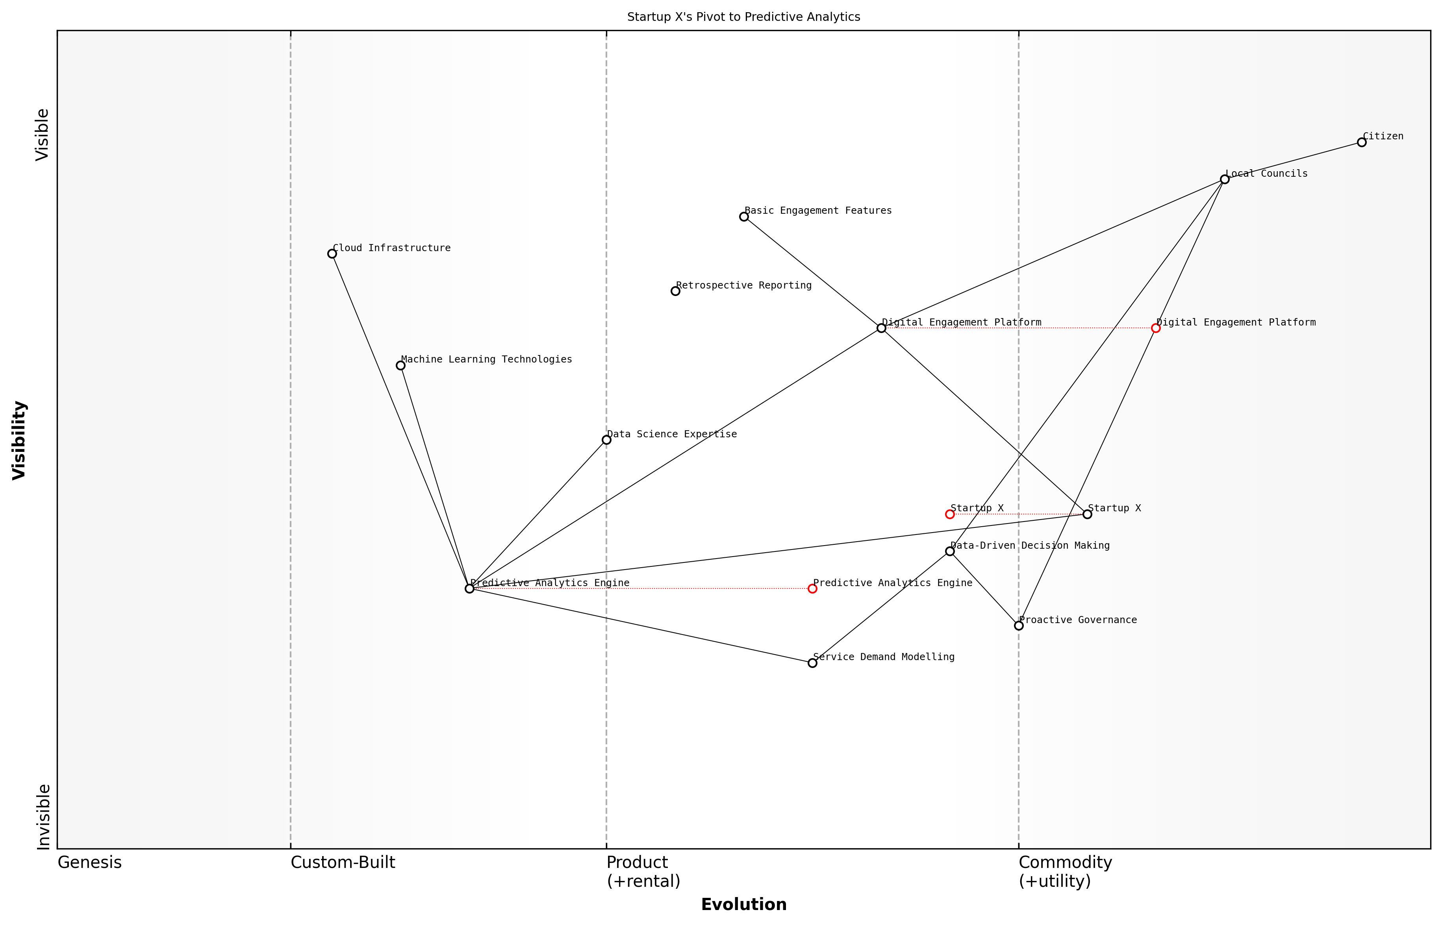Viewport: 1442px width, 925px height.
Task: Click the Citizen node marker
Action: [x=1362, y=142]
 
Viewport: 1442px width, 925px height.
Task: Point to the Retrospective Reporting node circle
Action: [x=675, y=291]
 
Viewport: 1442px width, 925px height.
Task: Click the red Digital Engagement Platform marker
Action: [x=1155, y=328]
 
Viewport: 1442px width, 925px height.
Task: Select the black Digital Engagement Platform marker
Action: [x=881, y=328]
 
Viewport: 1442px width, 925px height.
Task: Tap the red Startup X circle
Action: [x=950, y=514]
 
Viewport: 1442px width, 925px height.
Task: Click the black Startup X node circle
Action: [x=1087, y=514]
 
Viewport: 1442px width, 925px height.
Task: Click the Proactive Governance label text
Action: [x=1078, y=620]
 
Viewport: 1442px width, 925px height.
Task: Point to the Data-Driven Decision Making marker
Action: [x=950, y=551]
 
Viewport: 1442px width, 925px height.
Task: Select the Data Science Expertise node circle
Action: [x=606, y=440]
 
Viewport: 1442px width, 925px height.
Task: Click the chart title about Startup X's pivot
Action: [x=743, y=17]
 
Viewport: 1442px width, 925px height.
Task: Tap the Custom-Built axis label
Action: [x=343, y=862]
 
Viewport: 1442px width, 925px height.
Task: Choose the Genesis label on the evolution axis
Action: [x=89, y=862]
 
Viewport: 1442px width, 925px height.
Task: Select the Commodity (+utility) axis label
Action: [x=1065, y=871]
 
